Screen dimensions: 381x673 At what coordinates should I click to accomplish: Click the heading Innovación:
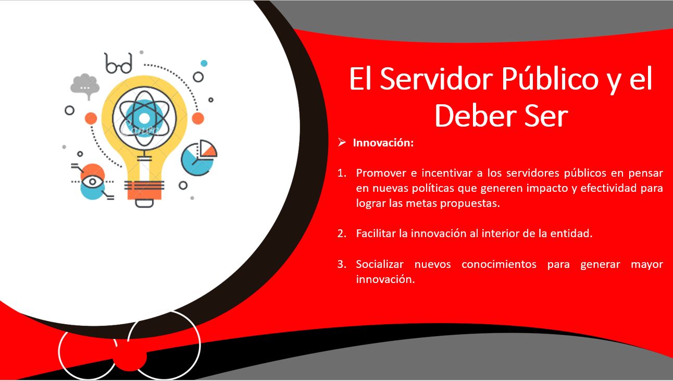(383, 143)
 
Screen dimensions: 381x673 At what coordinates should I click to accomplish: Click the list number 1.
(342, 173)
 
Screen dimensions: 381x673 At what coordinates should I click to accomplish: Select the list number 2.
(342, 233)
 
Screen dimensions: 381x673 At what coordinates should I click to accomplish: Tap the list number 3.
(342, 264)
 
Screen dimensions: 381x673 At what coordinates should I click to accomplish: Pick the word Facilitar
(376, 233)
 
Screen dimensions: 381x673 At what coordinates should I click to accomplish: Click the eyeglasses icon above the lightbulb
(119, 64)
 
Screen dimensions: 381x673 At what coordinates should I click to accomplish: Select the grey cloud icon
(85, 85)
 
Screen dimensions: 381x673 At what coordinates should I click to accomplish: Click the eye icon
(93, 181)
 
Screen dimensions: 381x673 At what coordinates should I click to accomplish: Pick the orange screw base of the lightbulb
(144, 191)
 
